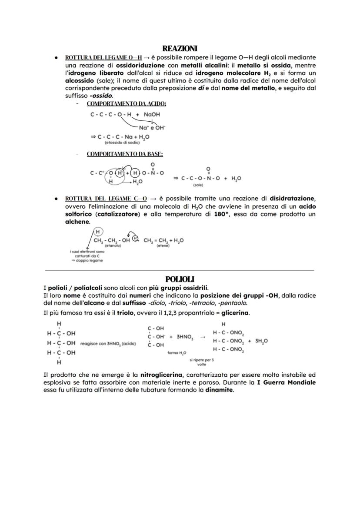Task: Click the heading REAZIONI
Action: [x=180, y=48]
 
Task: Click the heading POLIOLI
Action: [x=180, y=279]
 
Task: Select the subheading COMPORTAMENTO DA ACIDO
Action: [x=127, y=103]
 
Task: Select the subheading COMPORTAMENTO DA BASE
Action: [x=125, y=154]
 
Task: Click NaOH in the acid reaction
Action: [x=152, y=114]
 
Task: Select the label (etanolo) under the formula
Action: [x=112, y=246]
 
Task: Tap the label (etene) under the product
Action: [x=163, y=246]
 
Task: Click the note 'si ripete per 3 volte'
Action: [x=201, y=362]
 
